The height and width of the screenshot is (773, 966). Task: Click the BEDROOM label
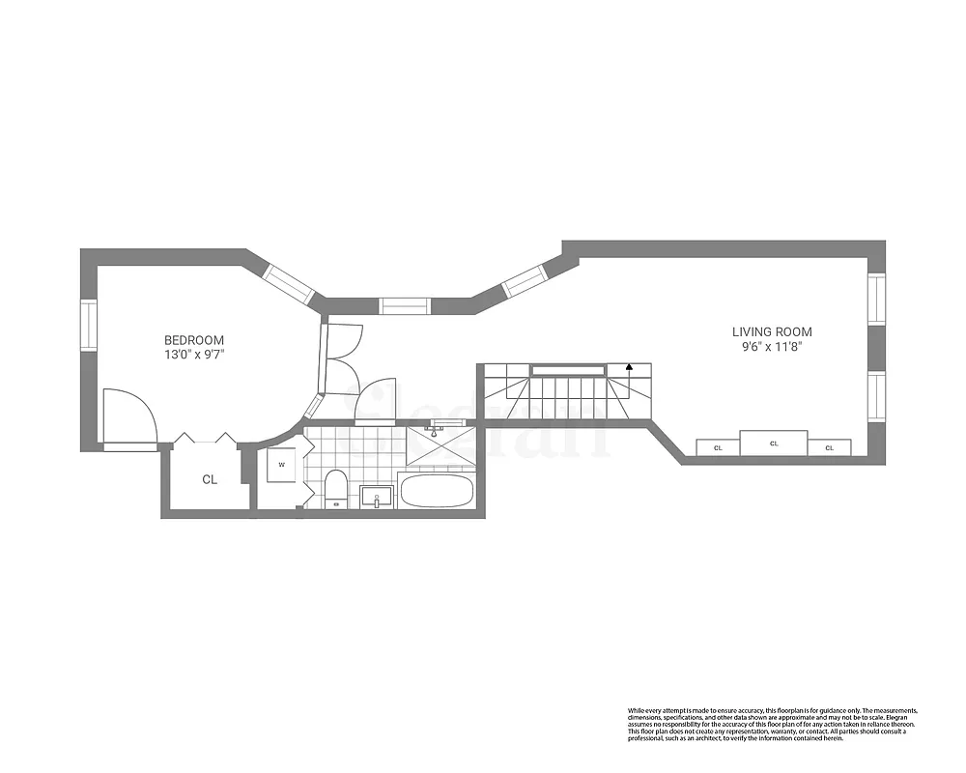point(194,340)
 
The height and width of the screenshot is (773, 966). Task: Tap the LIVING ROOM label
point(772,332)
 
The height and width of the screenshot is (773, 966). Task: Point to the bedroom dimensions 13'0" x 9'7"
point(194,355)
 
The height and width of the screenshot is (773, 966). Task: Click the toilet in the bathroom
point(335,488)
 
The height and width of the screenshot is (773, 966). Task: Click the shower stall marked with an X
point(439,444)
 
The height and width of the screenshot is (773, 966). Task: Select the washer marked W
point(282,464)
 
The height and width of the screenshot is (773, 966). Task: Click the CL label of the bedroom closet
point(210,479)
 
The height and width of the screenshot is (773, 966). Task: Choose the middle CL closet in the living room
point(774,443)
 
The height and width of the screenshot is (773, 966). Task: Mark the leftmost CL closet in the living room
point(718,447)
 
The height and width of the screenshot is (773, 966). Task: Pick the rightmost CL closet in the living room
point(829,447)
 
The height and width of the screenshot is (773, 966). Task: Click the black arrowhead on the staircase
point(629,367)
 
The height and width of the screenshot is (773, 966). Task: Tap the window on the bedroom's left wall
point(88,326)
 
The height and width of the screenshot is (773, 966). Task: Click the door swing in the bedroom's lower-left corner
point(128,415)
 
